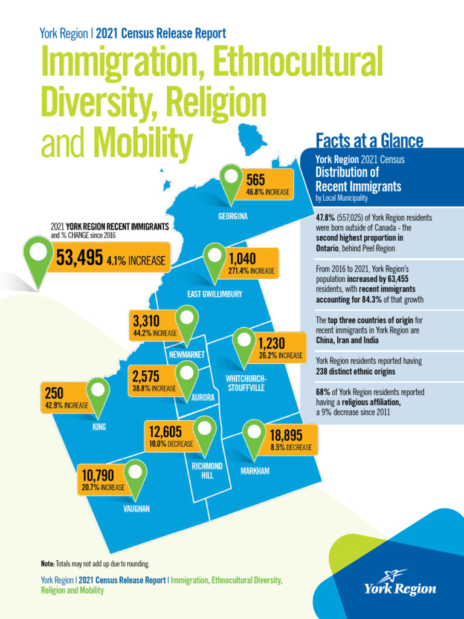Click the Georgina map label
pyautogui.click(x=233, y=216)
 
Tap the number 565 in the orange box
pyautogui.click(x=256, y=180)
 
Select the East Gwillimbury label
pyautogui.click(x=214, y=294)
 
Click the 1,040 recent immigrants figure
pyautogui.click(x=243, y=259)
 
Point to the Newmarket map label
pyautogui.click(x=187, y=354)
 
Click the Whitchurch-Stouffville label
pyautogui.click(x=246, y=383)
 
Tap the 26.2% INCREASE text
pyautogui.click(x=280, y=355)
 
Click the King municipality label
pyautogui.click(x=99, y=427)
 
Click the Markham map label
pyautogui.click(x=255, y=471)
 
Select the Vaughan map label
pyautogui.click(x=137, y=509)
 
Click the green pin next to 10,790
pyautogui.click(x=136, y=474)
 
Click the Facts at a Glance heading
pyautogui.click(x=369, y=141)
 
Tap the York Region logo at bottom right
pyautogui.click(x=399, y=583)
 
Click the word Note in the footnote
pyautogui.click(x=47, y=563)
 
